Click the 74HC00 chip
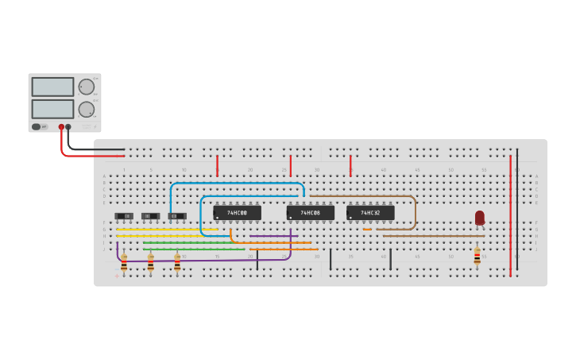237,213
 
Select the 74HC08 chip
310,213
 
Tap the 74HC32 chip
370,213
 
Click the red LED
480,217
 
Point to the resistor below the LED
477,256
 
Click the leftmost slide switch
124,216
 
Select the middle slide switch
150,216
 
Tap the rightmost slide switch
177,216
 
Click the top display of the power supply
52,87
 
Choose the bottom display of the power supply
52,108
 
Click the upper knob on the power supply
86,87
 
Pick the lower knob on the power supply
86,110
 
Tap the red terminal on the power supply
61,126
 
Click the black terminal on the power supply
68,126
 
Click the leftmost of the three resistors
124,262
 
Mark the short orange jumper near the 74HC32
367,230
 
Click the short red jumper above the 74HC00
217,165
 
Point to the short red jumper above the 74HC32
350,165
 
